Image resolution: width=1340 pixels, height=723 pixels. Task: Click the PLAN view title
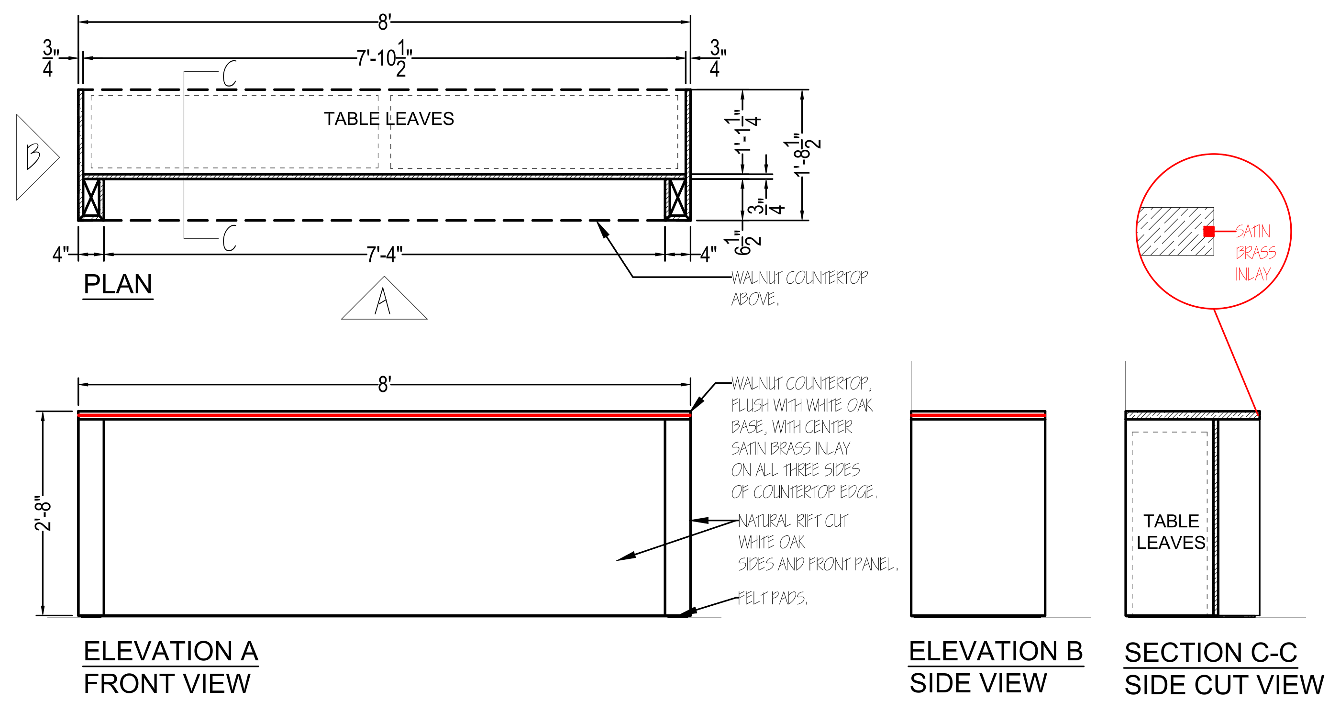tap(118, 285)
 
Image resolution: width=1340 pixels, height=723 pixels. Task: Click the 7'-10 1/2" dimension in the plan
tap(384, 58)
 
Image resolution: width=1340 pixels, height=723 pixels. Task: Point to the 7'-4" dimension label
tap(384, 255)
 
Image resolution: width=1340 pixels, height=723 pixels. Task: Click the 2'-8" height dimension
tap(43, 513)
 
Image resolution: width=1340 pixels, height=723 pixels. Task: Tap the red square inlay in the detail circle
tap(1209, 232)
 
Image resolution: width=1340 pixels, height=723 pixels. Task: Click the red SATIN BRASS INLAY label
tap(1255, 253)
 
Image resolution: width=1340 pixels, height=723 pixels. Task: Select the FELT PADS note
tap(773, 598)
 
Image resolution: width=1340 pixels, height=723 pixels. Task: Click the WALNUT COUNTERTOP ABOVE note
tap(799, 288)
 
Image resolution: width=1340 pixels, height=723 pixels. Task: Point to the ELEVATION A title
tap(171, 651)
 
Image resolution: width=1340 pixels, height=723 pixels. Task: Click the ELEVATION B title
tap(996, 651)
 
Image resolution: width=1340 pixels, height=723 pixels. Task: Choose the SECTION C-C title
tap(1210, 653)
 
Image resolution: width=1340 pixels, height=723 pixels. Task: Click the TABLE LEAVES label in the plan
tap(388, 119)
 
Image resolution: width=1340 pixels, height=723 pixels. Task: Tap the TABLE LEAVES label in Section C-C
tap(1171, 532)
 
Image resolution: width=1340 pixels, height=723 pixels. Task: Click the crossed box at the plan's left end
tap(91, 198)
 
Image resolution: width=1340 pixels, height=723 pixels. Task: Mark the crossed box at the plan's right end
tap(677, 198)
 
